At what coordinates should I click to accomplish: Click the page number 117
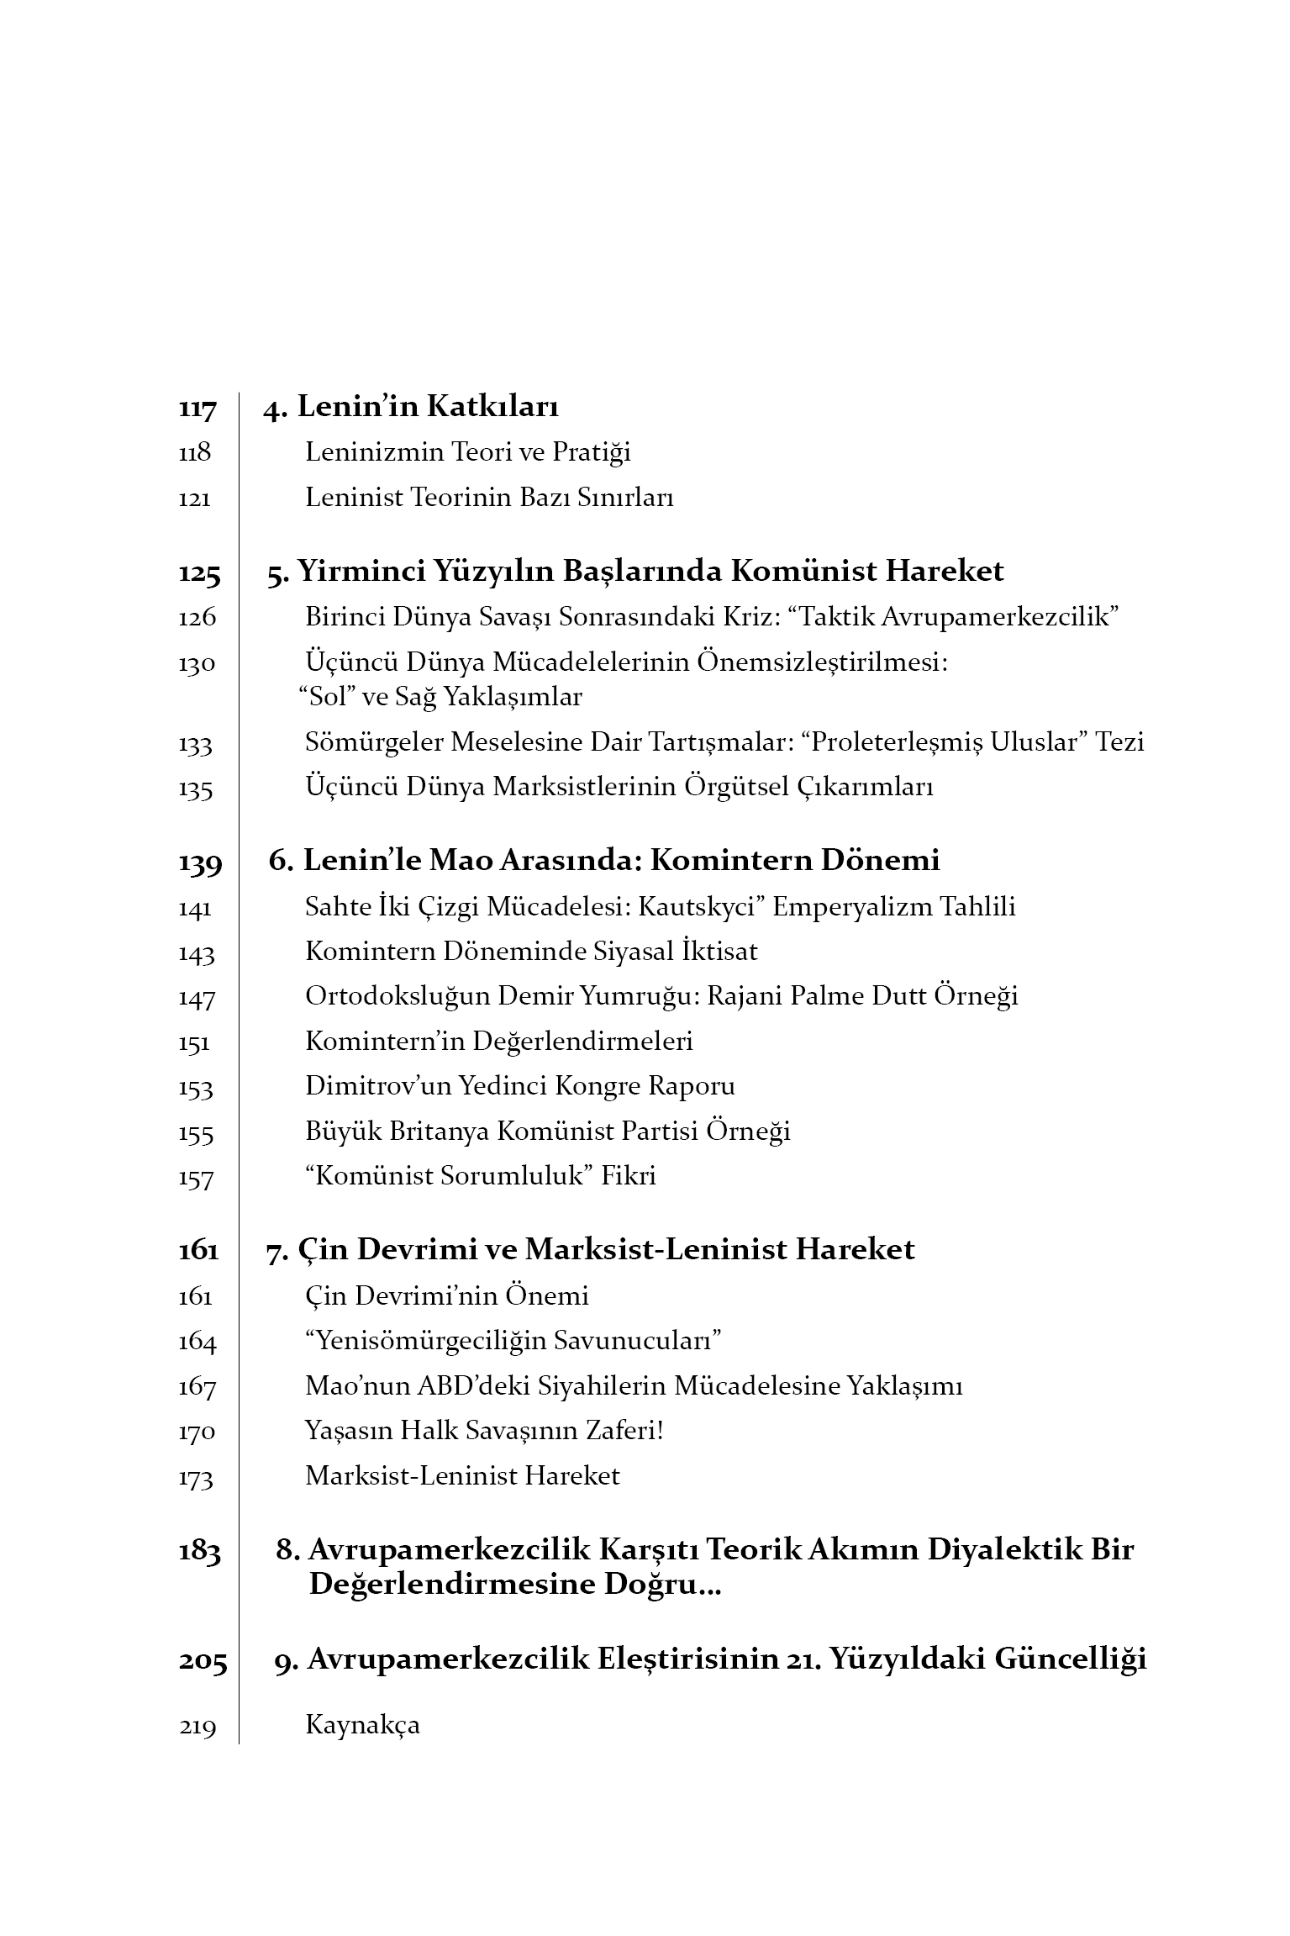[x=197, y=409]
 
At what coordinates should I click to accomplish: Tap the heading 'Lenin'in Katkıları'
[x=428, y=407]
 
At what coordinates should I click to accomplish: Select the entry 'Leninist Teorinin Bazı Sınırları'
[x=489, y=498]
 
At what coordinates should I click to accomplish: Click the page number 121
[x=194, y=499]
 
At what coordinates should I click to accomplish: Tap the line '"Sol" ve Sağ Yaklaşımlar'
[x=440, y=697]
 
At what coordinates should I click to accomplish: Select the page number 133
[x=196, y=745]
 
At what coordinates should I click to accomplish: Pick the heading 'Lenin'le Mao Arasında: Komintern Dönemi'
[x=603, y=860]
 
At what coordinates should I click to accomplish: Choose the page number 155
[x=196, y=1134]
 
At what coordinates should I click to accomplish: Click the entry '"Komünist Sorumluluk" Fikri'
[x=481, y=1175]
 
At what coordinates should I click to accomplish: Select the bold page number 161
[x=198, y=1250]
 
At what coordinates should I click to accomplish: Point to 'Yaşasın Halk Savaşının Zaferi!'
[x=484, y=1431]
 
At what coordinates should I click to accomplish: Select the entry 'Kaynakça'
[x=362, y=1725]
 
